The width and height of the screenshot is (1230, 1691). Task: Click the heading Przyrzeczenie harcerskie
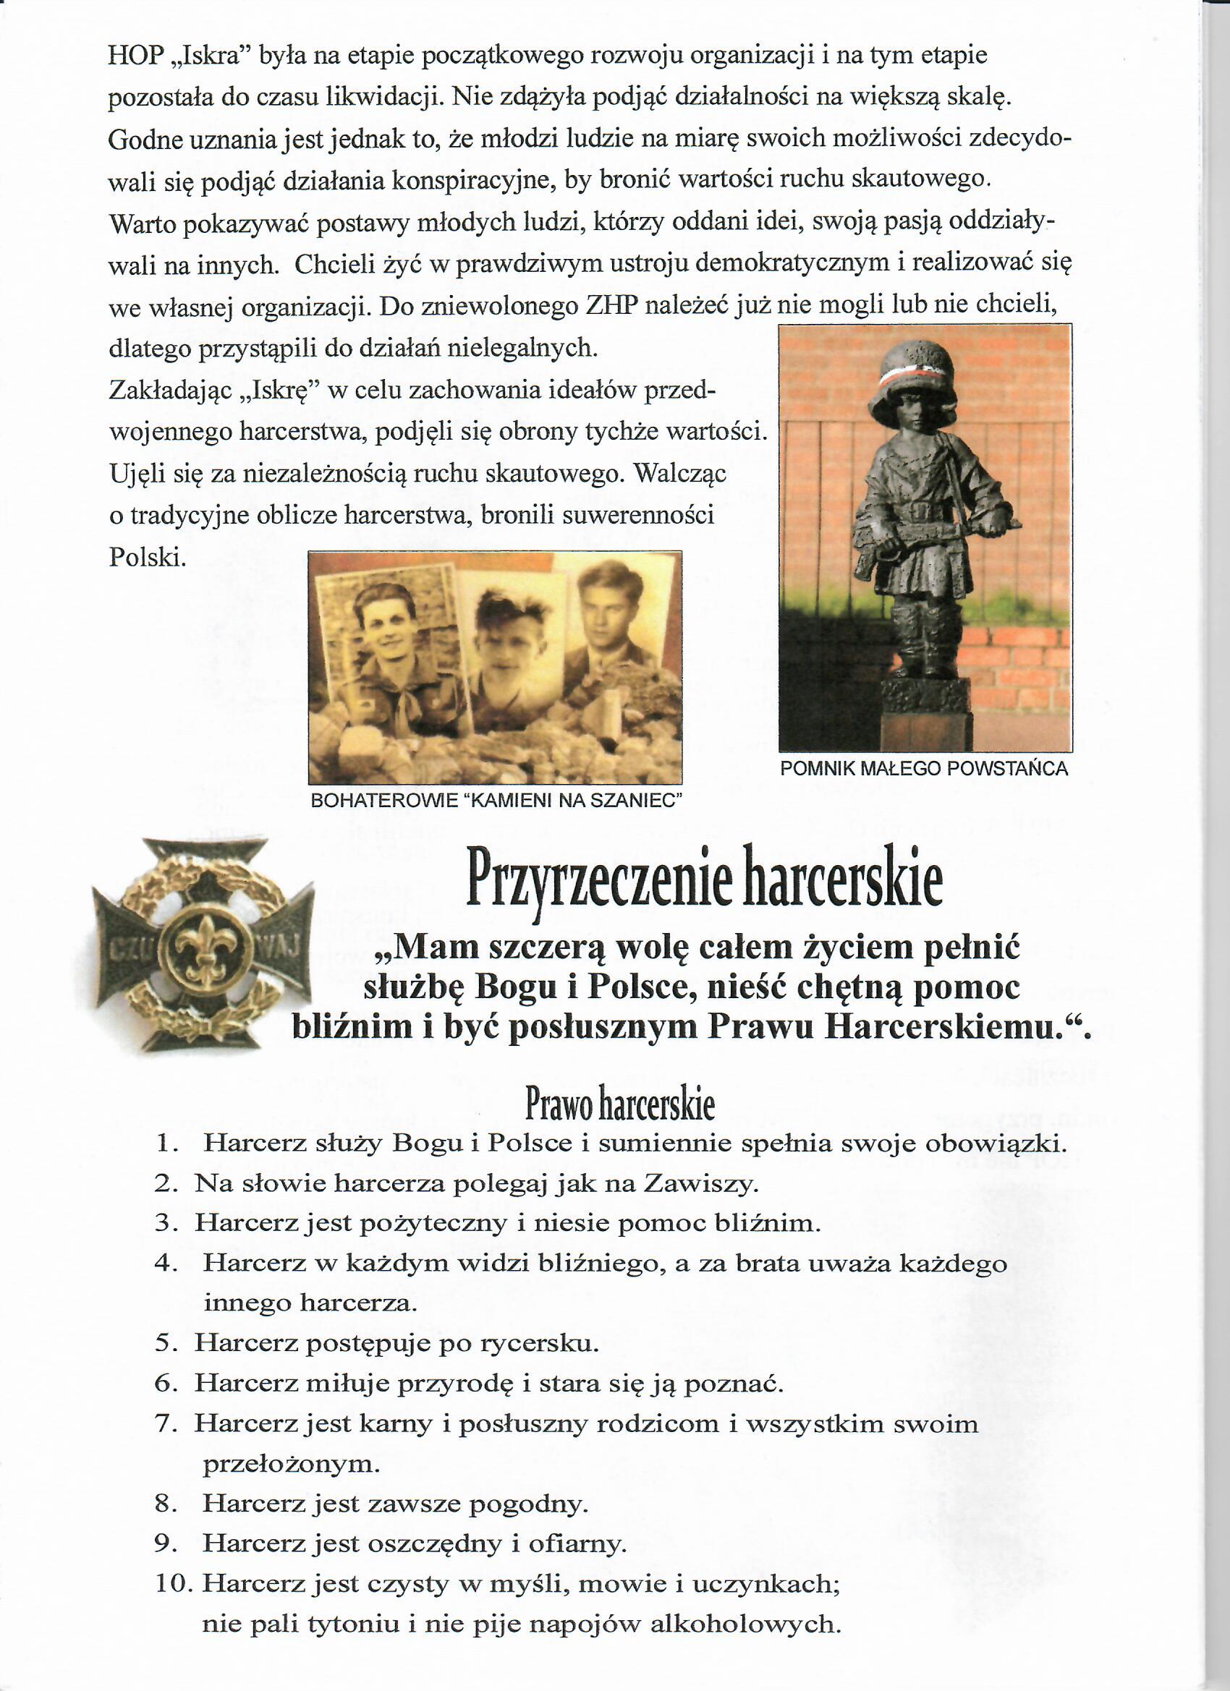[x=703, y=884]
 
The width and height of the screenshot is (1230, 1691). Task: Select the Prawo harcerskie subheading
[x=620, y=1106]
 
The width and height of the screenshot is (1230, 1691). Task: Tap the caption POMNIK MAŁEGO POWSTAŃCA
[x=923, y=769]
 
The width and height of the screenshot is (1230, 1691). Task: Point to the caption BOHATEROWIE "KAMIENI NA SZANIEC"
[x=497, y=801]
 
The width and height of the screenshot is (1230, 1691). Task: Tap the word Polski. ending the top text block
[x=147, y=556]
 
